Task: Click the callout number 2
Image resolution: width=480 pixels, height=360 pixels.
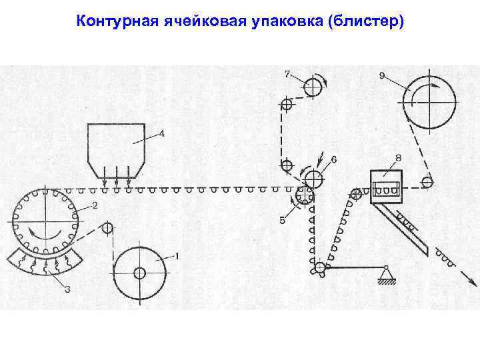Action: point(95,205)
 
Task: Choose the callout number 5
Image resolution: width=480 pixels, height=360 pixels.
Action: point(283,219)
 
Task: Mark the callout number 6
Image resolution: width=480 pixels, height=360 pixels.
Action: point(334,159)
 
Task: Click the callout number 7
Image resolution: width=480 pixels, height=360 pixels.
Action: point(287,73)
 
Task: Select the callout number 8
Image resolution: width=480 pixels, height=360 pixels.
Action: point(398,157)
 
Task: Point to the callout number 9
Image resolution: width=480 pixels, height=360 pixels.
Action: point(381,75)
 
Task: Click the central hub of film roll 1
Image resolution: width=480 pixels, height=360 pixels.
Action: point(139,273)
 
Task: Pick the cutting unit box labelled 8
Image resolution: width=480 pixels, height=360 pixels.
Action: point(387,186)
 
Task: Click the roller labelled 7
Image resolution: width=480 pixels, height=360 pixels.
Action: point(311,87)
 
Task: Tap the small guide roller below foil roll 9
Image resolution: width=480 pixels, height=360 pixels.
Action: point(427,181)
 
